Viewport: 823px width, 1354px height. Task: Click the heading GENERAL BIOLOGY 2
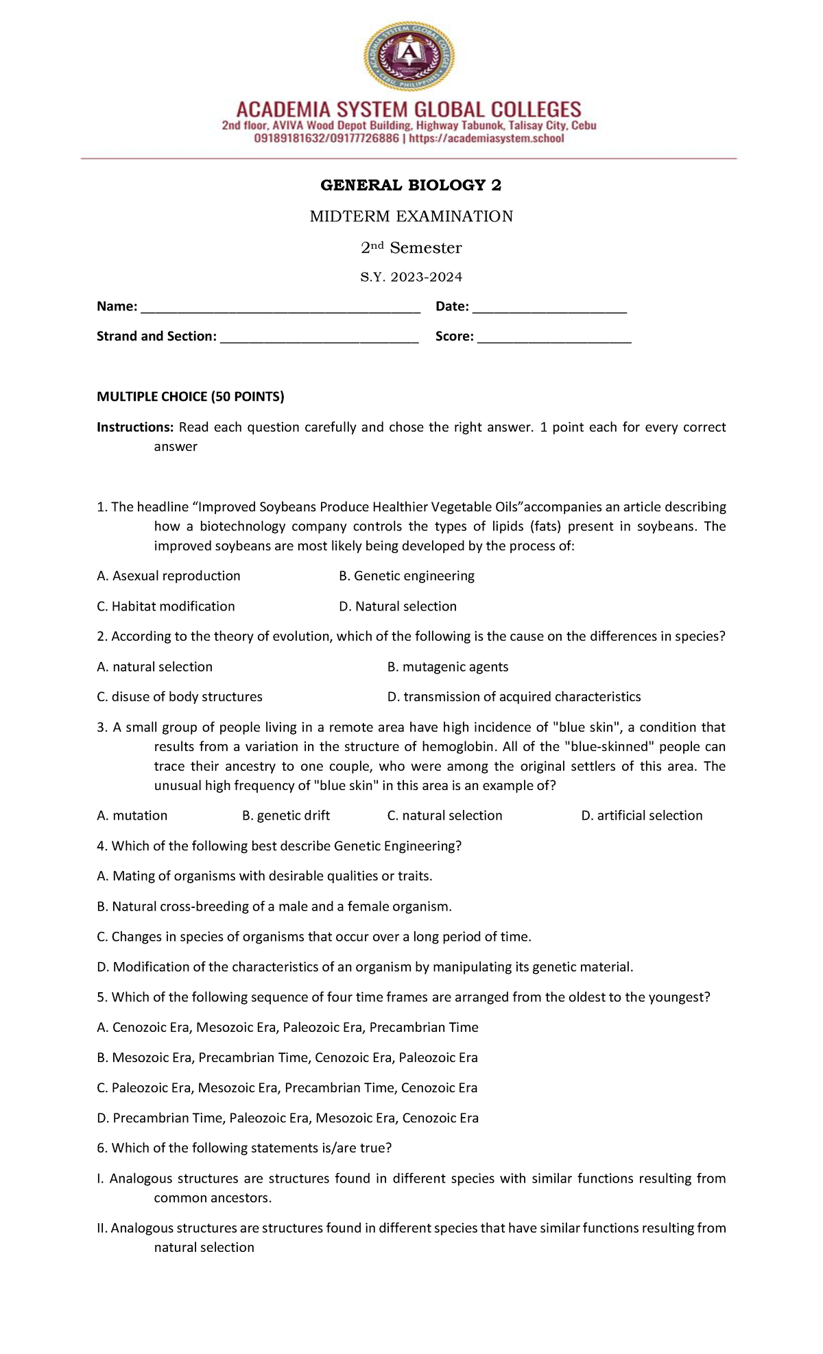click(x=411, y=185)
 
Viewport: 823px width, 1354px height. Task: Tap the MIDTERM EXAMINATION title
click(x=411, y=217)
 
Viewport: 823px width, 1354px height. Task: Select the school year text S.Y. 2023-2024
click(x=411, y=277)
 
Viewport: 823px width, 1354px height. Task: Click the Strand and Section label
click(x=156, y=336)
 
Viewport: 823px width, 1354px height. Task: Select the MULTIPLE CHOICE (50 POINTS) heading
click(x=191, y=397)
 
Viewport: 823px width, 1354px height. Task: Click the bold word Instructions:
click(x=135, y=428)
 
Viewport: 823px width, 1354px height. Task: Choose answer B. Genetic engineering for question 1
click(x=407, y=576)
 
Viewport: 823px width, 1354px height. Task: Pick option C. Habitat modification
click(x=166, y=606)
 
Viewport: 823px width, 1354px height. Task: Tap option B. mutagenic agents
click(x=448, y=667)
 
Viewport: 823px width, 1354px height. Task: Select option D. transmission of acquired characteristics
click(x=514, y=697)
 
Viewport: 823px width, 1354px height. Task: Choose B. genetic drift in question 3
click(x=286, y=815)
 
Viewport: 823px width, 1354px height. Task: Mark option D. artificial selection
click(x=641, y=815)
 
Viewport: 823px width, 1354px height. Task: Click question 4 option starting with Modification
click(x=365, y=967)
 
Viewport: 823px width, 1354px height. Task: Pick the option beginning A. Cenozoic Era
click(x=288, y=1027)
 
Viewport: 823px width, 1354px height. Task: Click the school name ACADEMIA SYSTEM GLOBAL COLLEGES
click(x=409, y=110)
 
